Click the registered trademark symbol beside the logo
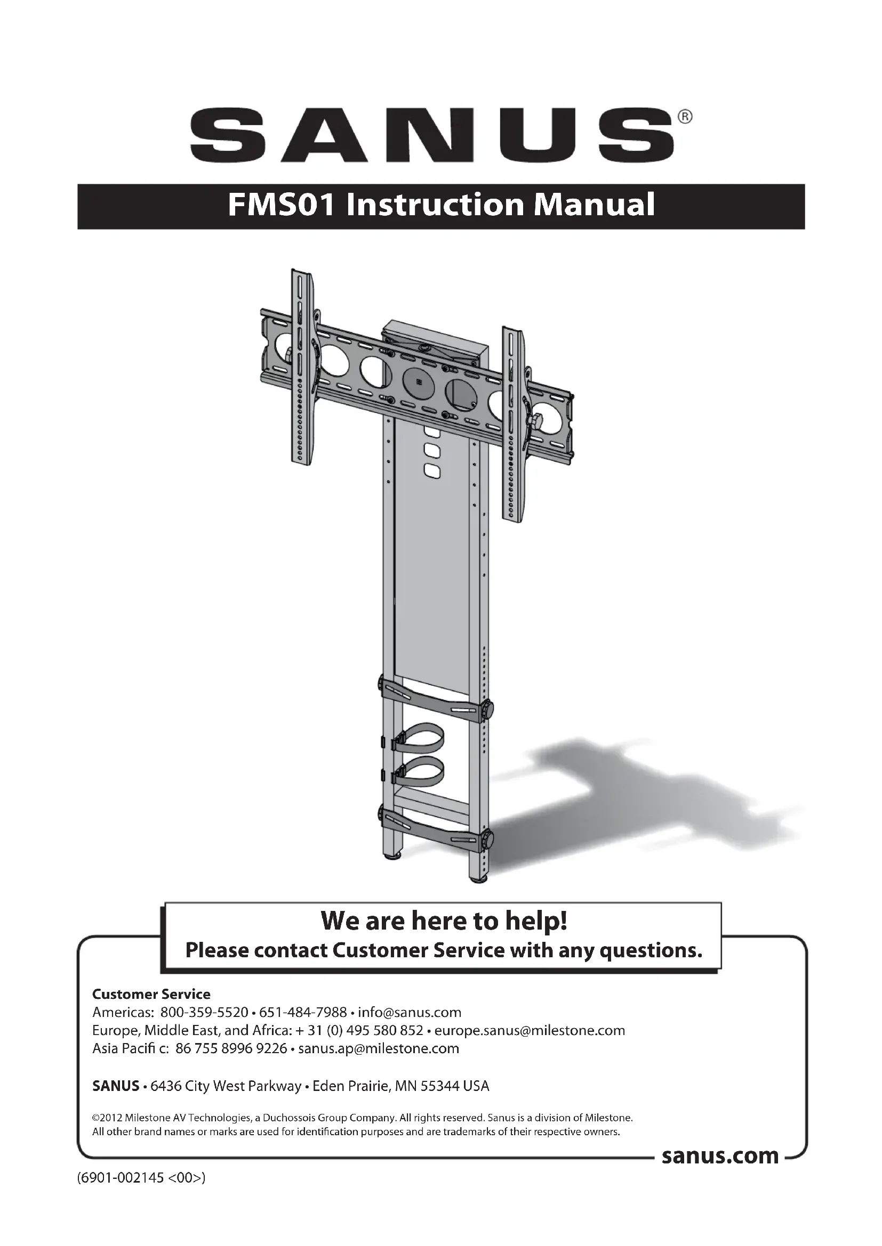coord(685,117)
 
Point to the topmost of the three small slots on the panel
coord(431,433)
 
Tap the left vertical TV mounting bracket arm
coord(302,369)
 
